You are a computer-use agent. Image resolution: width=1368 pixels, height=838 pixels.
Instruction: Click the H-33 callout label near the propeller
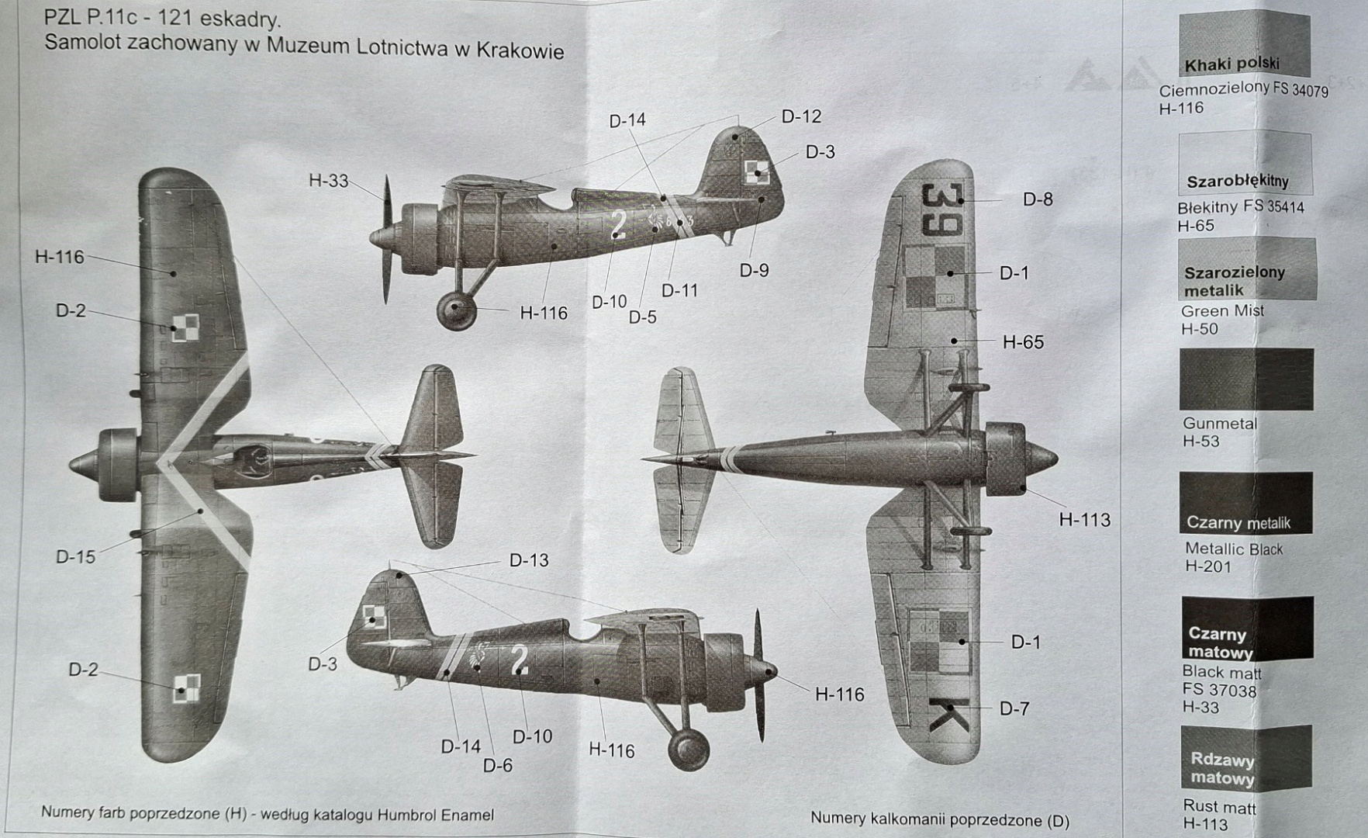click(x=328, y=181)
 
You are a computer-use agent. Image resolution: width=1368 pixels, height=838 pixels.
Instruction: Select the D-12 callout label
click(x=801, y=116)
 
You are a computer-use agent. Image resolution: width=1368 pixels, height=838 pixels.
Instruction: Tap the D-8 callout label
click(x=1038, y=199)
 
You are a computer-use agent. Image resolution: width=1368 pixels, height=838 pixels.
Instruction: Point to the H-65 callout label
click(x=1023, y=342)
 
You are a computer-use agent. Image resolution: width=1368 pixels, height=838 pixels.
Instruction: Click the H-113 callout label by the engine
click(x=1084, y=520)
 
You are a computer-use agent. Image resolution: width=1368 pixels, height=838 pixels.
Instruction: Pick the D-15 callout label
click(x=75, y=557)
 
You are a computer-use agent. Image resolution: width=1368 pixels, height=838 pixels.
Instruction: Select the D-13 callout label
click(x=529, y=560)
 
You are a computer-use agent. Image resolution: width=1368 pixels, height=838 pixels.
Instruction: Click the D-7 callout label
click(x=1014, y=708)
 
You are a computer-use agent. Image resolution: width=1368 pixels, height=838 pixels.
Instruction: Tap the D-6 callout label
click(x=498, y=766)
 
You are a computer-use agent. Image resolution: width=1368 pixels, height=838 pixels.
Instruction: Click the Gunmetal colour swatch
click(x=1246, y=379)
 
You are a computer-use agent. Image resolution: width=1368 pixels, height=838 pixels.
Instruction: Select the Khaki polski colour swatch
click(x=1244, y=44)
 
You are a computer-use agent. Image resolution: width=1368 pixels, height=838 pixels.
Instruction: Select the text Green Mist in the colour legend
click(x=1221, y=311)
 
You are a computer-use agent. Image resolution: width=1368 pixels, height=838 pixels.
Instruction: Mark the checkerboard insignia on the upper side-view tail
click(x=755, y=171)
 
